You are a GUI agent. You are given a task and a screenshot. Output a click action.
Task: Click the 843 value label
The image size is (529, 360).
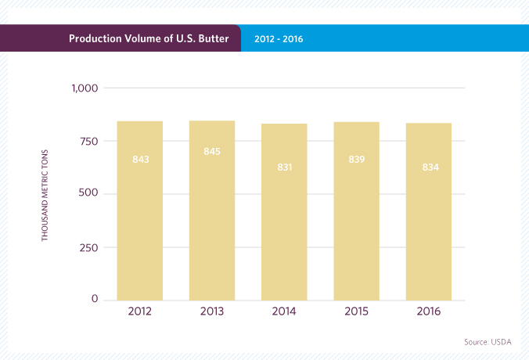coord(141,160)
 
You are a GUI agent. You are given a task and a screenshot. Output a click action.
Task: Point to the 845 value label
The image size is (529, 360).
coord(212,151)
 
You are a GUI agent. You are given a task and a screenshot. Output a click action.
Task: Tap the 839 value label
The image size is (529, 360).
coord(356,160)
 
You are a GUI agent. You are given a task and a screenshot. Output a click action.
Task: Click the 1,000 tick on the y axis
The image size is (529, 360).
coord(83,88)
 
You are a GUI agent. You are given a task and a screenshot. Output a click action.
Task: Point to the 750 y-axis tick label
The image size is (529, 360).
coord(87,141)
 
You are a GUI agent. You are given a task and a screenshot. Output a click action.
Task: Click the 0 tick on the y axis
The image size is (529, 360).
coord(94,300)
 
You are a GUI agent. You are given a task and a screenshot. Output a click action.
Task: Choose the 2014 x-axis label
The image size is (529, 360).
coord(284,311)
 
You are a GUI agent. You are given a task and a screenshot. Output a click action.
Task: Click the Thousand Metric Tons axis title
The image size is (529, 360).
coord(45,194)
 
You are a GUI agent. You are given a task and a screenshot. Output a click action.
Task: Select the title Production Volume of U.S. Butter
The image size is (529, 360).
coord(149,38)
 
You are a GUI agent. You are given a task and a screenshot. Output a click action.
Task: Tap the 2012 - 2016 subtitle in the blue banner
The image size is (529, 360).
coord(279,38)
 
